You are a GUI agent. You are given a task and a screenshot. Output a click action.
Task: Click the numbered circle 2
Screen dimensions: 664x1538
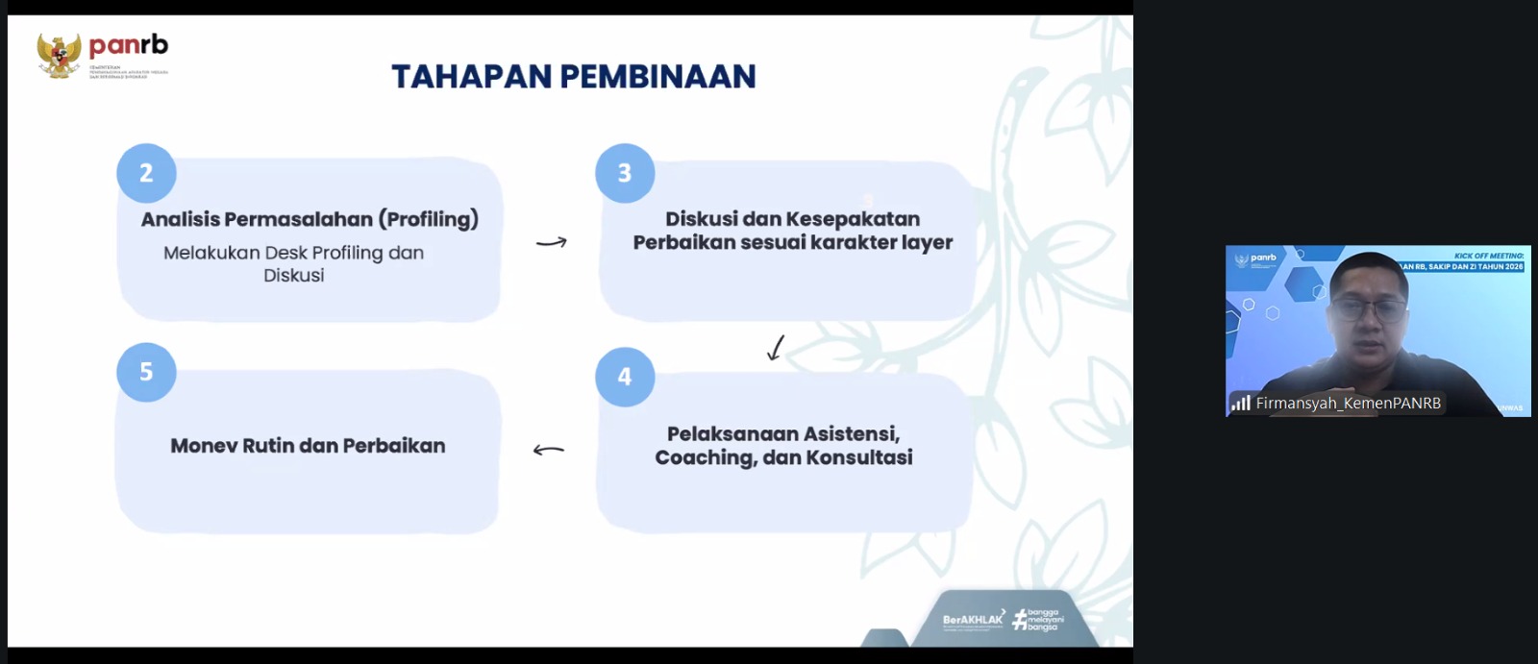click(146, 173)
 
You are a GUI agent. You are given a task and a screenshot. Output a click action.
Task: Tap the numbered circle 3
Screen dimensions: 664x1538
click(625, 173)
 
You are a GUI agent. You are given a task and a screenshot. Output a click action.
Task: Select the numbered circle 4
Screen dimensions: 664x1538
click(625, 376)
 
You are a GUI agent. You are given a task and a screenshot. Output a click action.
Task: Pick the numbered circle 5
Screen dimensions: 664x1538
click(146, 372)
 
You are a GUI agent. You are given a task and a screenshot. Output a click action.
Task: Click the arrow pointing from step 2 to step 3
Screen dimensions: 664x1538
click(551, 242)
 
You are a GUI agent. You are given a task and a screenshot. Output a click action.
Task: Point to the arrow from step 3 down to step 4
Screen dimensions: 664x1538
click(776, 347)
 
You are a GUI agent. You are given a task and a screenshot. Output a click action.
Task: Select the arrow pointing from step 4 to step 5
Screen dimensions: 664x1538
click(549, 449)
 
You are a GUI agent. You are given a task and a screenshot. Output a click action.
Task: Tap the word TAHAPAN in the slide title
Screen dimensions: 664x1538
click(471, 77)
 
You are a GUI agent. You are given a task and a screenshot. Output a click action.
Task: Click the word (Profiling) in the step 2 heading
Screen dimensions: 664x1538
click(428, 219)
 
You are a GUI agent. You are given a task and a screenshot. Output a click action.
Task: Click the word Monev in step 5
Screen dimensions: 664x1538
click(203, 446)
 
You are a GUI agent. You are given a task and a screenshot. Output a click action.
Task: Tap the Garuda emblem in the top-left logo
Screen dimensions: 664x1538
click(59, 55)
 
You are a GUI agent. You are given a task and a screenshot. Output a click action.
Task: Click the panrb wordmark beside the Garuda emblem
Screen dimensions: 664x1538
click(128, 45)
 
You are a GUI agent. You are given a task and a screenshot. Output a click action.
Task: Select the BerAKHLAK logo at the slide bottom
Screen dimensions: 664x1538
click(973, 620)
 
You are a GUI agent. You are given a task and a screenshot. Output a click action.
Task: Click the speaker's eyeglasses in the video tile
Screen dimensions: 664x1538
click(1370, 309)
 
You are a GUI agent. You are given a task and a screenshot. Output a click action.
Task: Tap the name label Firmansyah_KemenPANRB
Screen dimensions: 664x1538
click(1348, 404)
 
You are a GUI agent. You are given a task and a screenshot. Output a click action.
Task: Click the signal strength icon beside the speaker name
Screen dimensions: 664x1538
click(1241, 404)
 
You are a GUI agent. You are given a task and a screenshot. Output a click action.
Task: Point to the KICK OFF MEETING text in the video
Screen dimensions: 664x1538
click(1488, 256)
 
